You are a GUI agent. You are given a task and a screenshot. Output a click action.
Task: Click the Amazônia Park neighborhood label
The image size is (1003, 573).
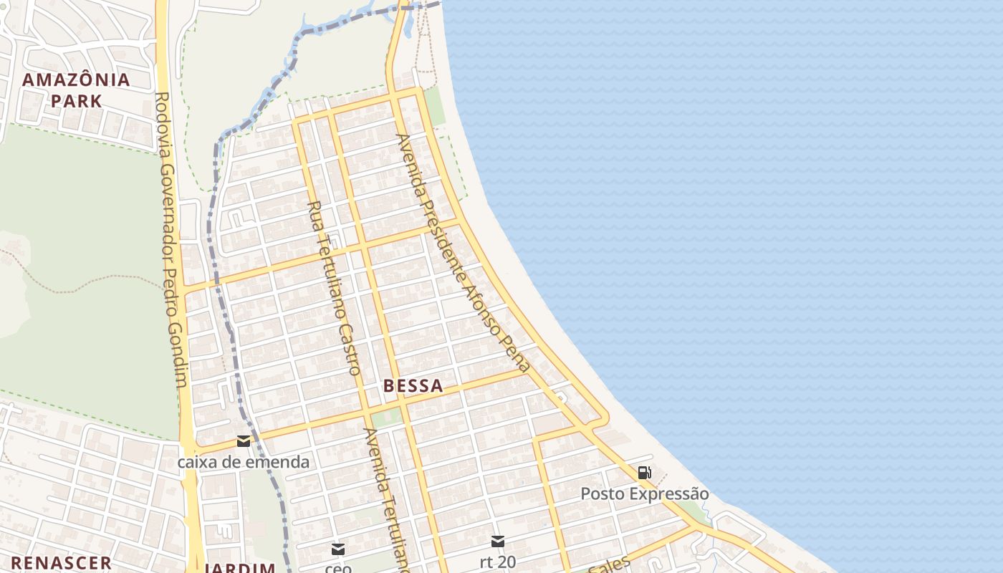point(77,90)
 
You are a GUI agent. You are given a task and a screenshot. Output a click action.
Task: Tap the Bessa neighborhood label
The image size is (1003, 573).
point(413,385)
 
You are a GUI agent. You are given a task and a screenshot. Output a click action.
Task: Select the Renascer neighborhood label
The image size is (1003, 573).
point(61,563)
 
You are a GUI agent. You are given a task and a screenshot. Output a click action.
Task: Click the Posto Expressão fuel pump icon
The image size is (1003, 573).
point(644,473)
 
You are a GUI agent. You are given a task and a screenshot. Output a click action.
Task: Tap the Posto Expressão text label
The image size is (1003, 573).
point(644,493)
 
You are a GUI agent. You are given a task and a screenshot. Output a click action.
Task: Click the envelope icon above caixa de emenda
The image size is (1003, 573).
point(244,441)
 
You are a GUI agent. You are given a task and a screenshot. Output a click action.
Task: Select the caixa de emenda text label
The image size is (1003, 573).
point(244,462)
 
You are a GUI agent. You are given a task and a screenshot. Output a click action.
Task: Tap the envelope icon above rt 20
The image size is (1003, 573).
point(497,541)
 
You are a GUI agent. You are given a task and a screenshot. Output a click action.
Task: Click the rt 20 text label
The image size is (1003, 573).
point(497,562)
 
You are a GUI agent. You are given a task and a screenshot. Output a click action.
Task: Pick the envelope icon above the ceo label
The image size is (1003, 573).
point(338,549)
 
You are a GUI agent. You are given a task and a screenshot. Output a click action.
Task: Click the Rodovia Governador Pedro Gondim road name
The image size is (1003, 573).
point(172,240)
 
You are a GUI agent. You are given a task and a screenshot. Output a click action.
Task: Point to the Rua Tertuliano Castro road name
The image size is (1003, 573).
point(334,288)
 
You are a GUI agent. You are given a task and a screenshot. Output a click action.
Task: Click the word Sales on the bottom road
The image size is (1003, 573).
point(609,565)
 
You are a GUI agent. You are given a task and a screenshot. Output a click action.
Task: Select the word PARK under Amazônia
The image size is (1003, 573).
point(77,100)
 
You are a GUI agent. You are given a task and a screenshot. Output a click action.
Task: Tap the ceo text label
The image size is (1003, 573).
point(338,568)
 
